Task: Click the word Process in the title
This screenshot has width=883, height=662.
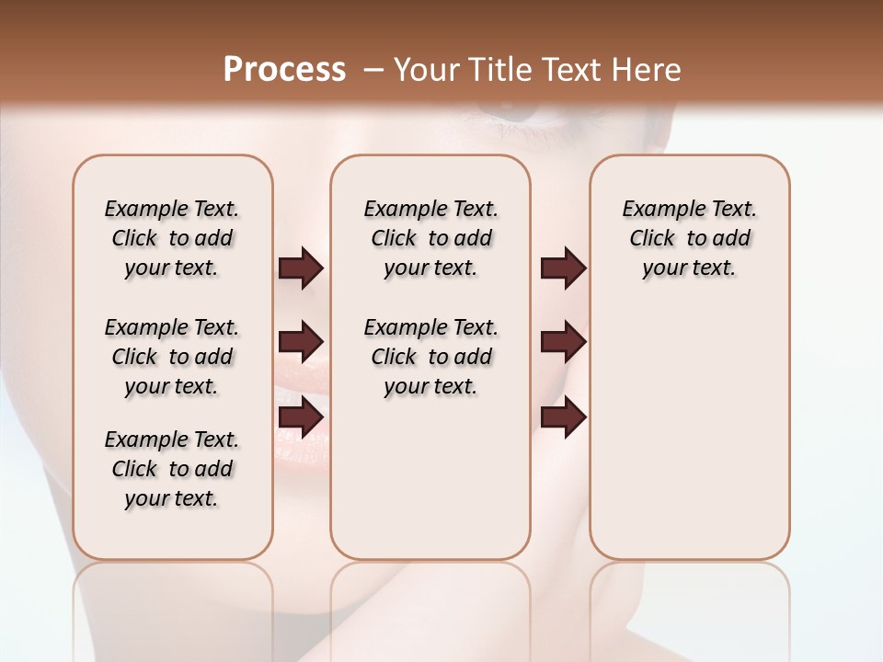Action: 284,70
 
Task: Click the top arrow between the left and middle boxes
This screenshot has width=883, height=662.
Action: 301,268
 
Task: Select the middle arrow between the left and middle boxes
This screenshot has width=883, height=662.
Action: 301,343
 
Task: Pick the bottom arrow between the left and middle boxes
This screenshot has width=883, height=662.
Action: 301,417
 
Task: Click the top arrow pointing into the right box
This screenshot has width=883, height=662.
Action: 563,268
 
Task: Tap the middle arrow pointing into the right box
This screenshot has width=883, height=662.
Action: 563,343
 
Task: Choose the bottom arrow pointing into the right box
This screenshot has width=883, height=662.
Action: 563,417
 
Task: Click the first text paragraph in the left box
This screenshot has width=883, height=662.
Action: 172,238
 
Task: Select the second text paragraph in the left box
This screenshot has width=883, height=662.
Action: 172,357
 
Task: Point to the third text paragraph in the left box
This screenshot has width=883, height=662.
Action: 172,469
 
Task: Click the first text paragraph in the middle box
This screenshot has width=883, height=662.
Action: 430,238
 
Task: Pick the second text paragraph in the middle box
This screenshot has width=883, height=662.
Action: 430,357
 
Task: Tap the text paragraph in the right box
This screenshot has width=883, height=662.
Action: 689,238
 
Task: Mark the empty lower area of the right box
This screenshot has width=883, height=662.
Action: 689,432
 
